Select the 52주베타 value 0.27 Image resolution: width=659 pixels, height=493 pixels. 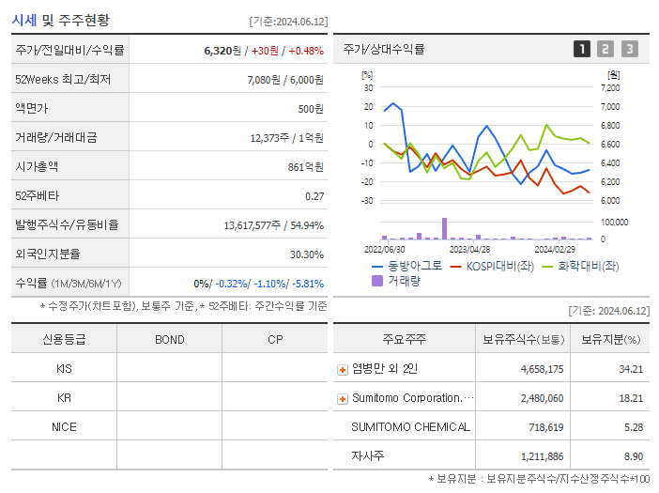pyautogui.click(x=314, y=196)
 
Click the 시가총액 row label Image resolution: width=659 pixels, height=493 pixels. pyautogui.click(x=37, y=167)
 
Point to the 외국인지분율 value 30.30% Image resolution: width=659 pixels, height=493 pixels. pyautogui.click(x=307, y=254)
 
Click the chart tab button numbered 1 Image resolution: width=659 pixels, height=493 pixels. pyautogui.click(x=582, y=50)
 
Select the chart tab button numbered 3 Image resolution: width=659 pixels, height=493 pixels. pyautogui.click(x=629, y=50)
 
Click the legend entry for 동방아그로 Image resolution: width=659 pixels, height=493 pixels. pyautogui.click(x=406, y=266)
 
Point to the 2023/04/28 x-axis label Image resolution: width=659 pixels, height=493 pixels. pyautogui.click(x=470, y=250)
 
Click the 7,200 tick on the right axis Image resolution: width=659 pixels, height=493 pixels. pyautogui.click(x=610, y=87)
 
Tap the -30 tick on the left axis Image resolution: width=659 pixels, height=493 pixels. pyautogui.click(x=367, y=201)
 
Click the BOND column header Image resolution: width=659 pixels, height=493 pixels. pyautogui.click(x=169, y=339)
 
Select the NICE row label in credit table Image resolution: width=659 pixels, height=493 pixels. pyautogui.click(x=64, y=427)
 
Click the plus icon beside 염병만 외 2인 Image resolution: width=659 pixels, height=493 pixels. pyautogui.click(x=343, y=369)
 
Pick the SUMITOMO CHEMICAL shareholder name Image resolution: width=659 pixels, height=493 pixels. pyautogui.click(x=410, y=427)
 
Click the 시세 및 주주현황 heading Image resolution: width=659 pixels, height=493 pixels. pyautogui.click(x=61, y=19)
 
